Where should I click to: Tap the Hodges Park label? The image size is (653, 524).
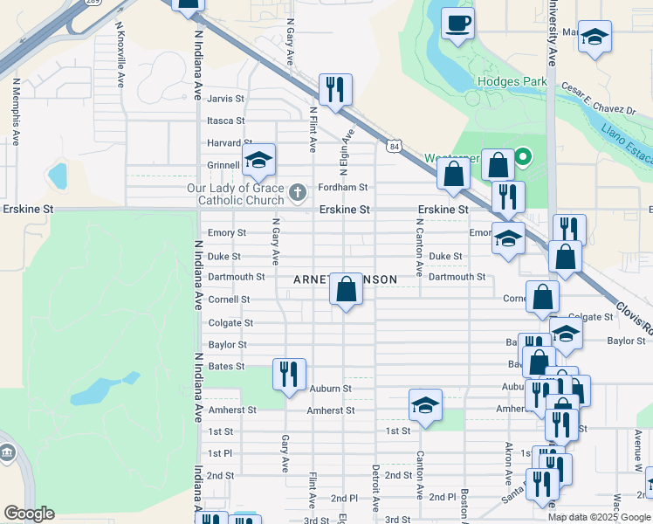512,82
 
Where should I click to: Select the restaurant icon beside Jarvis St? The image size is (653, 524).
334,89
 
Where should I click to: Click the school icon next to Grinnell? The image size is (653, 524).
258,160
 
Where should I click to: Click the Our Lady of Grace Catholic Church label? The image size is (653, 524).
236,194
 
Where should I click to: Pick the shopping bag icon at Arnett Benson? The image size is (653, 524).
347,288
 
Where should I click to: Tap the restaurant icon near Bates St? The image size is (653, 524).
289,375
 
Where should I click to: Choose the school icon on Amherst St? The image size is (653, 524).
425,405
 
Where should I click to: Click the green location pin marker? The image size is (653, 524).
523,158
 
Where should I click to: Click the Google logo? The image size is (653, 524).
29,514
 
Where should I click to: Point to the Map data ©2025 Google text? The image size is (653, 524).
598,516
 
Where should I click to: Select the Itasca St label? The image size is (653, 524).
226,121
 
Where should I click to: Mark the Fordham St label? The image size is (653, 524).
343,187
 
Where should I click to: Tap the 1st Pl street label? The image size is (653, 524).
220,453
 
